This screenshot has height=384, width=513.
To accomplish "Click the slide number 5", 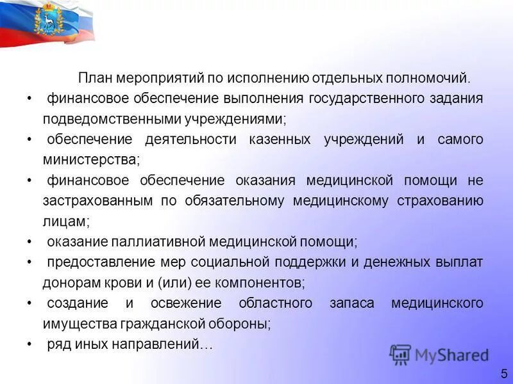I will tap(504, 372).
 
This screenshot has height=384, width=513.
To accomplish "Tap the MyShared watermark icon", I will tap(400, 355).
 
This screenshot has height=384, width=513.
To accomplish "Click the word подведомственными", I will tap(106, 119).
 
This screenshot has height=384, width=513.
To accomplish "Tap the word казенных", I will tap(280, 140).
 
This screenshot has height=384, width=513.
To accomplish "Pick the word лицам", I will tap(65, 221).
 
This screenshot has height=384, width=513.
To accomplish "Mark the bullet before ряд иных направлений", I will tap(30, 344).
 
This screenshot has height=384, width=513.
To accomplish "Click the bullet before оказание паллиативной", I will tap(30, 242).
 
